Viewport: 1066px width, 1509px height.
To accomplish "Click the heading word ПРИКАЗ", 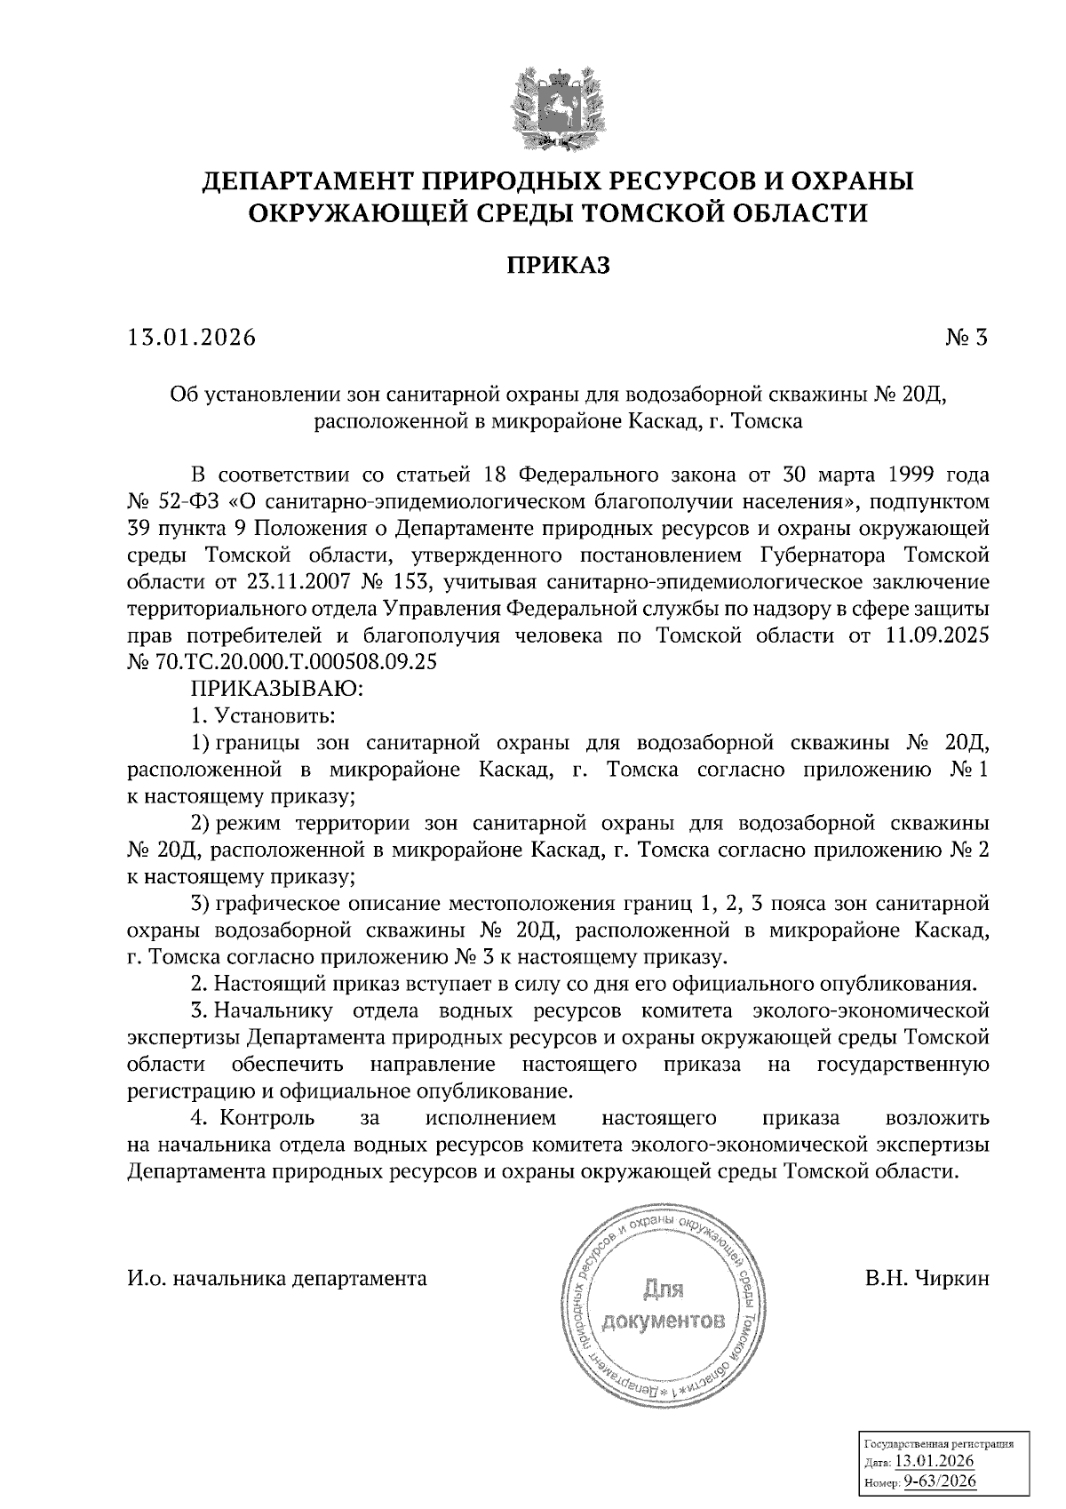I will [558, 266].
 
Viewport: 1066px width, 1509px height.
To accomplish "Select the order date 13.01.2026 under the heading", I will [191, 338].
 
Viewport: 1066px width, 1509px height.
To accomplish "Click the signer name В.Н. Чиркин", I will [925, 1279].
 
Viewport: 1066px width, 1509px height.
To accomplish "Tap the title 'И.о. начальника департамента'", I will [277, 1279].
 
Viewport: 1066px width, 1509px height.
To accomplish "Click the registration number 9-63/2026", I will [940, 1482].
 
